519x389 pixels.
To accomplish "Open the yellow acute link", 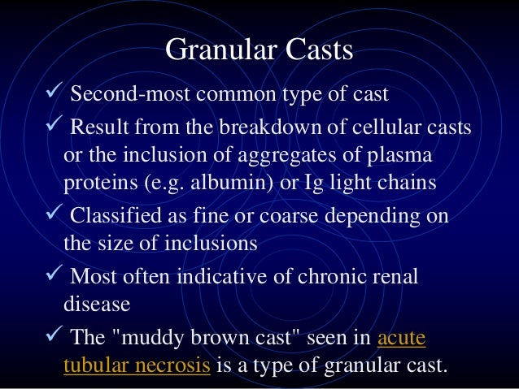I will (x=402, y=337).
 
